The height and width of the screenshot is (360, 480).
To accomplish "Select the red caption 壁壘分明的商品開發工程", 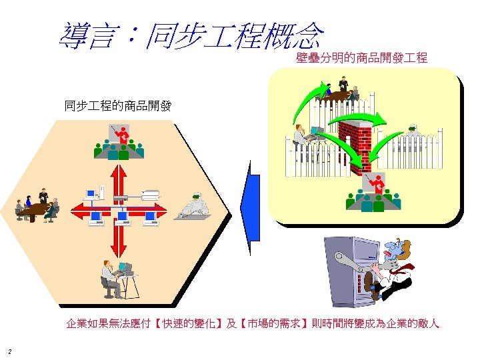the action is pos(361,58).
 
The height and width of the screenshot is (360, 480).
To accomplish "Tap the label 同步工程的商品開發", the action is pos(118,105).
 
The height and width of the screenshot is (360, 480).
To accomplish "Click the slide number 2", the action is pos(9,351).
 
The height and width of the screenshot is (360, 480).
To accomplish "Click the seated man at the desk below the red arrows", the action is pos(110,275).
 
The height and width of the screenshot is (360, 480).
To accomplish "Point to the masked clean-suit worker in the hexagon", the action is pos(194,206).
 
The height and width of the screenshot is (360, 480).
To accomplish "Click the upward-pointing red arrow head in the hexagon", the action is pos(120,167).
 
